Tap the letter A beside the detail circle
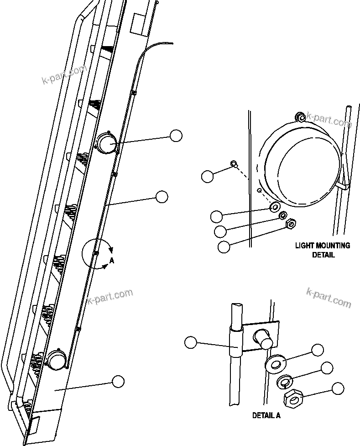pos(111,261)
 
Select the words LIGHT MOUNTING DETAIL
pos(323,250)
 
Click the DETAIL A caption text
pos(266,415)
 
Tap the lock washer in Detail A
pos(285,381)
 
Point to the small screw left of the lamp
pos(233,164)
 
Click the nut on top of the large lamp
pos(300,117)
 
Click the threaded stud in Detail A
pos(263,339)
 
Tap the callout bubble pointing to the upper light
pos(176,135)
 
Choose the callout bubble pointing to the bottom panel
pos(118,381)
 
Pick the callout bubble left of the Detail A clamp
pos(191,342)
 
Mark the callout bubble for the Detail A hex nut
pos(338,388)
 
